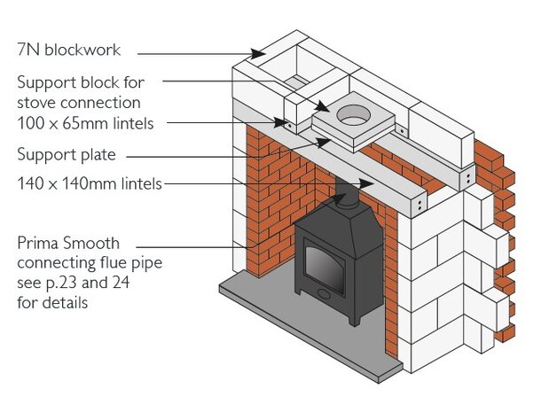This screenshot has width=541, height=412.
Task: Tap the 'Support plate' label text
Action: (67, 155)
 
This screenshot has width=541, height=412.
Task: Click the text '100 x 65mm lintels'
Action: (85, 124)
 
